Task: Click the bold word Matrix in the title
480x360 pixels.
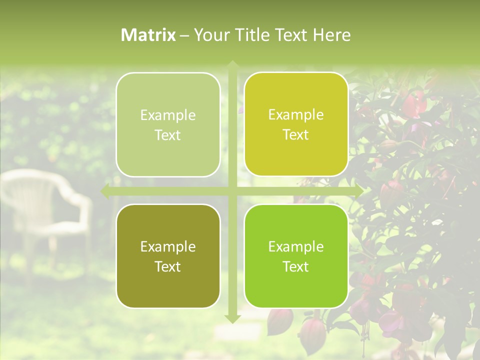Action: tap(148, 35)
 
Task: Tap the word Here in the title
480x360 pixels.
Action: tap(331, 35)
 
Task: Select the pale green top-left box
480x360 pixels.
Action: tap(168, 124)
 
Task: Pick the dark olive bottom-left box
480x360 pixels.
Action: tap(168, 256)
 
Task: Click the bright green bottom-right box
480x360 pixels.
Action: tap(296, 256)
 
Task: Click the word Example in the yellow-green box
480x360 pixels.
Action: tap(296, 114)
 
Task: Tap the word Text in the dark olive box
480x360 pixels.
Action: tap(168, 266)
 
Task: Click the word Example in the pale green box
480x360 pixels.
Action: tap(168, 115)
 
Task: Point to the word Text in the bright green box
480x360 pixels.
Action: tap(296, 266)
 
